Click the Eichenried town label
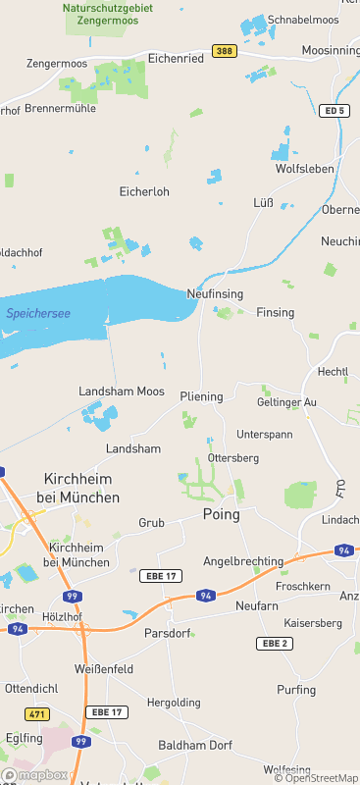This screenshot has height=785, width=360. pos(176,59)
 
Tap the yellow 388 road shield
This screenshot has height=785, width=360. pos(225,51)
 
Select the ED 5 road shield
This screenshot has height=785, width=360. pos(334,111)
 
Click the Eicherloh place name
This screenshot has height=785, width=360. pos(144,191)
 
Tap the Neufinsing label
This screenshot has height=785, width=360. pos(215,293)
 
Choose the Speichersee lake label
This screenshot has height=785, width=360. pos(37,313)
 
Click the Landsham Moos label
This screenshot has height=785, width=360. pos(122,391)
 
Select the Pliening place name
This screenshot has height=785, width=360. pos(201,396)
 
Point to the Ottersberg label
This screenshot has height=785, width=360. pos(234,457)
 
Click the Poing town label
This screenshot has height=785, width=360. pos(221,514)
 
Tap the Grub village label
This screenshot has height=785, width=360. pos(151,523)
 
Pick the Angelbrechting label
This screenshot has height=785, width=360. pos(242,561)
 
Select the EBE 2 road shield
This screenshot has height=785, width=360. pos(274,643)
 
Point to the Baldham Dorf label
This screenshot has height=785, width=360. pos(194,745)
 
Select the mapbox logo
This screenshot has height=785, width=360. pos(35,774)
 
